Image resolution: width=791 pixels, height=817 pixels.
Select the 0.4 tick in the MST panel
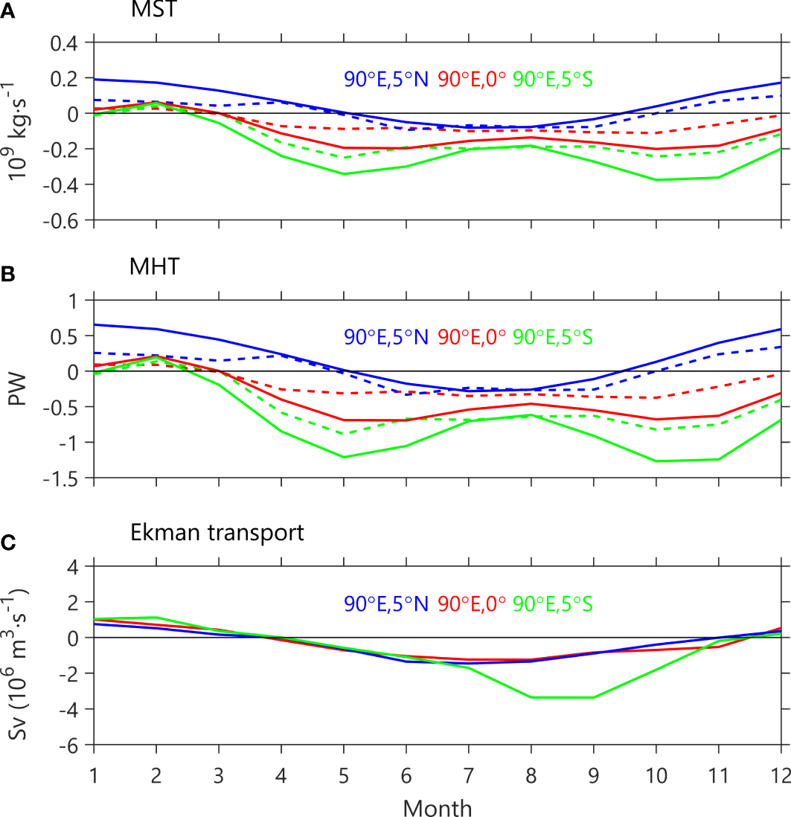[65, 43]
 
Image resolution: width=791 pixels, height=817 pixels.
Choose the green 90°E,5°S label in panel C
[553, 603]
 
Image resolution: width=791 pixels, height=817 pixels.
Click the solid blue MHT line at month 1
[95, 324]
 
